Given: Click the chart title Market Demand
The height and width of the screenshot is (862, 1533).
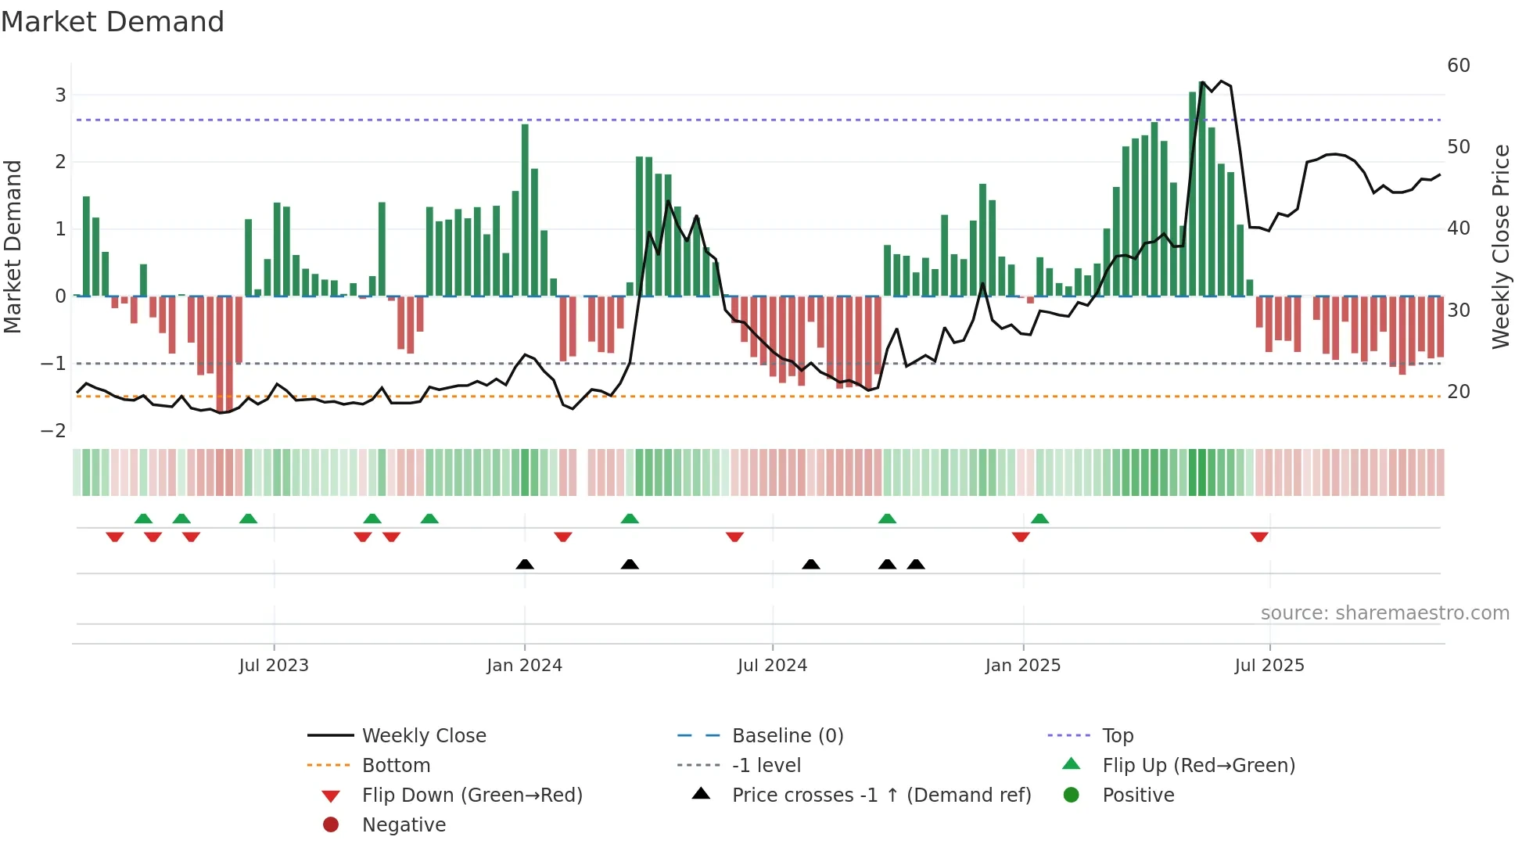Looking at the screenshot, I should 113,22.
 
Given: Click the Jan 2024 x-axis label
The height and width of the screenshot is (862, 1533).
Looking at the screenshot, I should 524,666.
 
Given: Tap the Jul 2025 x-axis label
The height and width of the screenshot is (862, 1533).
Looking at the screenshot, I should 1269,666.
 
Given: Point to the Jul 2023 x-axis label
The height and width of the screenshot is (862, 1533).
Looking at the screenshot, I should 274,666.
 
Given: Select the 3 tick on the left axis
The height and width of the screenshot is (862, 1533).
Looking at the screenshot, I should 60,95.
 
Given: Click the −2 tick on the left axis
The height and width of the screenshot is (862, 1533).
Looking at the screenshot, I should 54,431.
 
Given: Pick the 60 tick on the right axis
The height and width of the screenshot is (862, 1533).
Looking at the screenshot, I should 1459,66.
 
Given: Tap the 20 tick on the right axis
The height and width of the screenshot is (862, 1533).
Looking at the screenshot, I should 1459,392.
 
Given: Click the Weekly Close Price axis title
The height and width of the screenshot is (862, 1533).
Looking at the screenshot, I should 1500,246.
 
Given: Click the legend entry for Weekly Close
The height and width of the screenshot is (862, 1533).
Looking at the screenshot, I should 423,736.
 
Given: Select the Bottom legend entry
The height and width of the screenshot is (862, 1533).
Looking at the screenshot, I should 396,766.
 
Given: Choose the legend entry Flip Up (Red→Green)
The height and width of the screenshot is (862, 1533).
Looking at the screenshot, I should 1198,766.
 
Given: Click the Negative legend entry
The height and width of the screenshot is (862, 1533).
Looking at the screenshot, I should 404,825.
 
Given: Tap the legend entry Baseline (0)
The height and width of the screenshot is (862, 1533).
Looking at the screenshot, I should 787,736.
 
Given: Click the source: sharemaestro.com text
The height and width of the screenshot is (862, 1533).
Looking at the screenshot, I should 1384,613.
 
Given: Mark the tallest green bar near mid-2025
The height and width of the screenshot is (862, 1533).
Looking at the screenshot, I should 1202,188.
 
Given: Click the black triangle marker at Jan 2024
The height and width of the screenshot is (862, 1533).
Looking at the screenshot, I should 525,564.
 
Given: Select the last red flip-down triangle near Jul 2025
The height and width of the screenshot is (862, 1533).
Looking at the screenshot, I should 1259,537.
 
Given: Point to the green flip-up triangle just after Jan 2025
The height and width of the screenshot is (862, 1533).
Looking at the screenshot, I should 1039,519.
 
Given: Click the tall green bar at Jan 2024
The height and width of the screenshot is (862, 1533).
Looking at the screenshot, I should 525,210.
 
